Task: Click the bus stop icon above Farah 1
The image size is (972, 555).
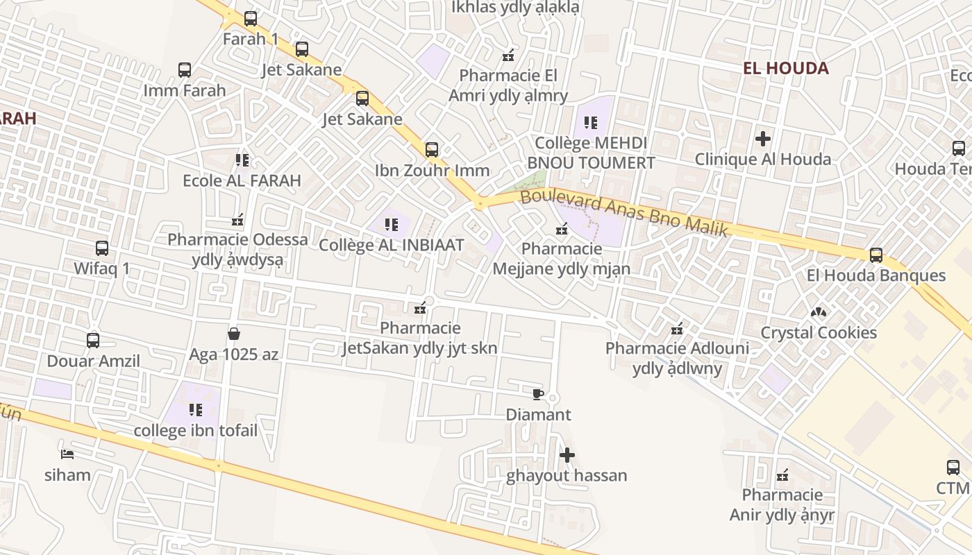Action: click(x=251, y=19)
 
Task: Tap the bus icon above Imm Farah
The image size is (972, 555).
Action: click(x=185, y=70)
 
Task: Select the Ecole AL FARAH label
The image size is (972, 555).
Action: click(x=242, y=180)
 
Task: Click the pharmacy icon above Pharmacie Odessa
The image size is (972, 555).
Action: click(x=237, y=220)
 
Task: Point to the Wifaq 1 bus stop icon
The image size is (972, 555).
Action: click(x=102, y=248)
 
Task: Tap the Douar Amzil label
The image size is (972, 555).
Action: click(x=93, y=361)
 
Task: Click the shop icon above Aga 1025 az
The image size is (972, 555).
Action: click(x=234, y=334)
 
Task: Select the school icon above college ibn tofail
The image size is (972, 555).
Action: click(x=196, y=410)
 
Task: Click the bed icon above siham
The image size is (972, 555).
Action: click(x=67, y=454)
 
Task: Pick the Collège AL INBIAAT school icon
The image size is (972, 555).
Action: click(x=392, y=225)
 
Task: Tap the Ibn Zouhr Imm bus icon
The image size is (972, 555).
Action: click(x=432, y=150)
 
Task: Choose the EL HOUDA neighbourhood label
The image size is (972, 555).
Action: click(x=785, y=68)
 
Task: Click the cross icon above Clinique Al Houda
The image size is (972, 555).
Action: click(x=763, y=139)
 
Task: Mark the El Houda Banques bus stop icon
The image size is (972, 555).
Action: click(x=876, y=255)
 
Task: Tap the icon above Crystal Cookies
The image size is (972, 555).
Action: click(x=819, y=313)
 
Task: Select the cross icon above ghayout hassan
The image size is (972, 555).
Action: click(x=567, y=455)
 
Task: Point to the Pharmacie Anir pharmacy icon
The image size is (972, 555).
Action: click(x=782, y=475)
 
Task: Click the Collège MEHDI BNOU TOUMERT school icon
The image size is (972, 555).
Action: click(x=591, y=123)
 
